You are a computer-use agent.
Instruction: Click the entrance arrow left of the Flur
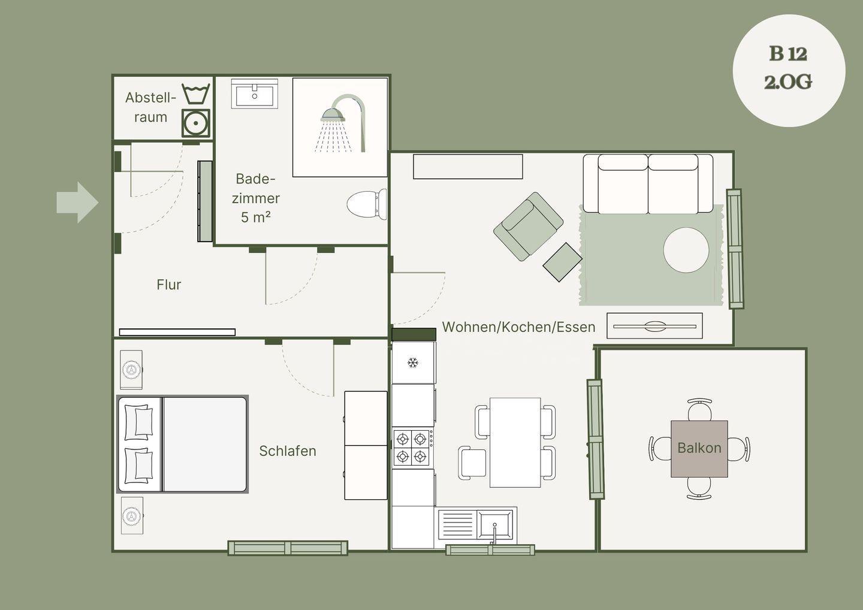point(77,203)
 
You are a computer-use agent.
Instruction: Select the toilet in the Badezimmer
point(367,204)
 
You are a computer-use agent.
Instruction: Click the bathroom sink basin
point(254,94)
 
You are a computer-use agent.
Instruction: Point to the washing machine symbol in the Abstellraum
point(196,123)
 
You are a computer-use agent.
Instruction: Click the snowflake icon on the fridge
point(413,363)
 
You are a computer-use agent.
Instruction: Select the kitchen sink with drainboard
point(475,524)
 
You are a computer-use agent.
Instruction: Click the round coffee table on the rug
point(686,250)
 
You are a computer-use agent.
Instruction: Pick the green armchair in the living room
point(528,227)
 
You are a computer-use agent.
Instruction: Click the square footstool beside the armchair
point(563,262)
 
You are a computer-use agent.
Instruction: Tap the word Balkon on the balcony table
point(699,448)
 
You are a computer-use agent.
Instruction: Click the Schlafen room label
point(288,451)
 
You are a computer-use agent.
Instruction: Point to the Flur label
point(169,285)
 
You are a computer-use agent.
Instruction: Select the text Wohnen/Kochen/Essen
point(518,327)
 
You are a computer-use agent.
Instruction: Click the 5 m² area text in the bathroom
point(255,217)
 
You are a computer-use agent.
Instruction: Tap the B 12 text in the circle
point(788,54)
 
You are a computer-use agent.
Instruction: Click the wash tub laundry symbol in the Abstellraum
point(196,94)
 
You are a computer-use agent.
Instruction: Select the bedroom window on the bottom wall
point(288,548)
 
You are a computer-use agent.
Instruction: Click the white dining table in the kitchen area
point(515,442)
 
